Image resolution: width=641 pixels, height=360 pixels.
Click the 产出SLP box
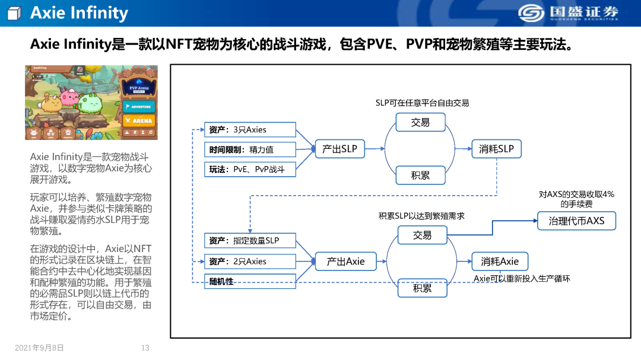339,149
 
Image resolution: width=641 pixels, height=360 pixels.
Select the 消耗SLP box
496,149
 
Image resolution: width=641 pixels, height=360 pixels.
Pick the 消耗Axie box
500,262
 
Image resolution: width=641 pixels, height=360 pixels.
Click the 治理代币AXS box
576,221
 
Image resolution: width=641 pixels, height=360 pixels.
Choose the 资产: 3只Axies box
250,130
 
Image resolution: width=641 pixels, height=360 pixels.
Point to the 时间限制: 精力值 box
250,149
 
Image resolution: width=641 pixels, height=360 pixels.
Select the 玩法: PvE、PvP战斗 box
250,169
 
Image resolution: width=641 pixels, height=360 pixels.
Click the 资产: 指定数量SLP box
250,240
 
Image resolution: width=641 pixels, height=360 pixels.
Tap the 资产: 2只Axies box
250,261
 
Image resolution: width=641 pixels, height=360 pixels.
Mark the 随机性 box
250,281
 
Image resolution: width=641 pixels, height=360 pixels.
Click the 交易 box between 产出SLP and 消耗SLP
420,123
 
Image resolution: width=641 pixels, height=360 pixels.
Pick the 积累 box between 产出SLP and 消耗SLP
420,176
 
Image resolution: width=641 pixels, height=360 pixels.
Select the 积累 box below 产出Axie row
423,288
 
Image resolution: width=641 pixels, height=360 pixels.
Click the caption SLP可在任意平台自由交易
422,103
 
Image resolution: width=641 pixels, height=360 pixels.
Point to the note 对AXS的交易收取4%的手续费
576,199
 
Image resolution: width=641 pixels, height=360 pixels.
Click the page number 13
145,348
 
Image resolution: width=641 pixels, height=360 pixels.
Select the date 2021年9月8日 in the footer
39,348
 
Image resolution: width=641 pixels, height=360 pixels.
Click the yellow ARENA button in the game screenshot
139,120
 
